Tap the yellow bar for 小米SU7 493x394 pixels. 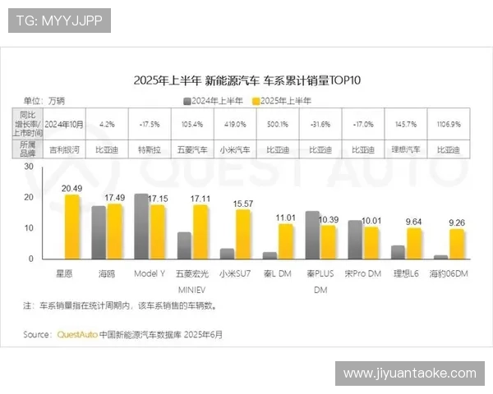pyautogui.click(x=243, y=235)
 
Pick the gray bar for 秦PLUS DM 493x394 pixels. pyautogui.click(x=312, y=235)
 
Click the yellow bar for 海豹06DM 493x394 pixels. pyautogui.click(x=457, y=245)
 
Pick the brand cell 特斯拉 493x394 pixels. pyautogui.click(x=149, y=149)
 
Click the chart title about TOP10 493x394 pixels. pyautogui.click(x=246, y=80)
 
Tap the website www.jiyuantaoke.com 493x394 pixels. pyautogui.click(x=409, y=373)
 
